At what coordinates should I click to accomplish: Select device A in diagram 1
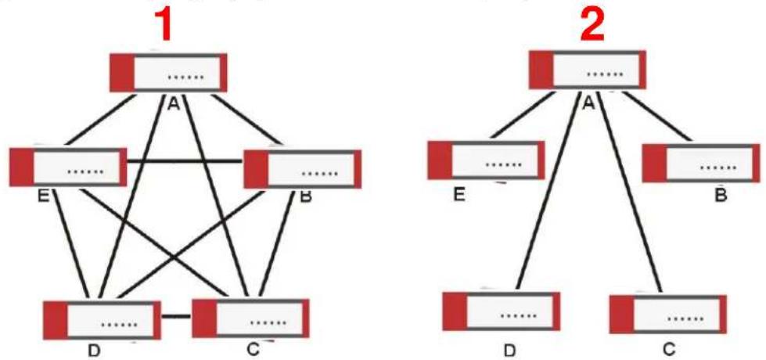168,73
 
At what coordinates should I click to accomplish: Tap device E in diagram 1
68,167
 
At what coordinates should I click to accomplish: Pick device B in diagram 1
302,169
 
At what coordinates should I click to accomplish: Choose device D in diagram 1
102,320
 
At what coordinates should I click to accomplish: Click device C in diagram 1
250,318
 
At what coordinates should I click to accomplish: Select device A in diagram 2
588,70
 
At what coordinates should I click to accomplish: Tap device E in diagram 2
486,160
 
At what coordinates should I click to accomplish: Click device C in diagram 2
668,314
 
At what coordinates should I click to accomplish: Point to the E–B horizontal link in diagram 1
185,160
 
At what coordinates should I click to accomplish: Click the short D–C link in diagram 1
176,316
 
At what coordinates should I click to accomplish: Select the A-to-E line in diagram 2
523,115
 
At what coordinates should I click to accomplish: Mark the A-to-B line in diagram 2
657,117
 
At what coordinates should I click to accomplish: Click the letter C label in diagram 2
669,350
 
